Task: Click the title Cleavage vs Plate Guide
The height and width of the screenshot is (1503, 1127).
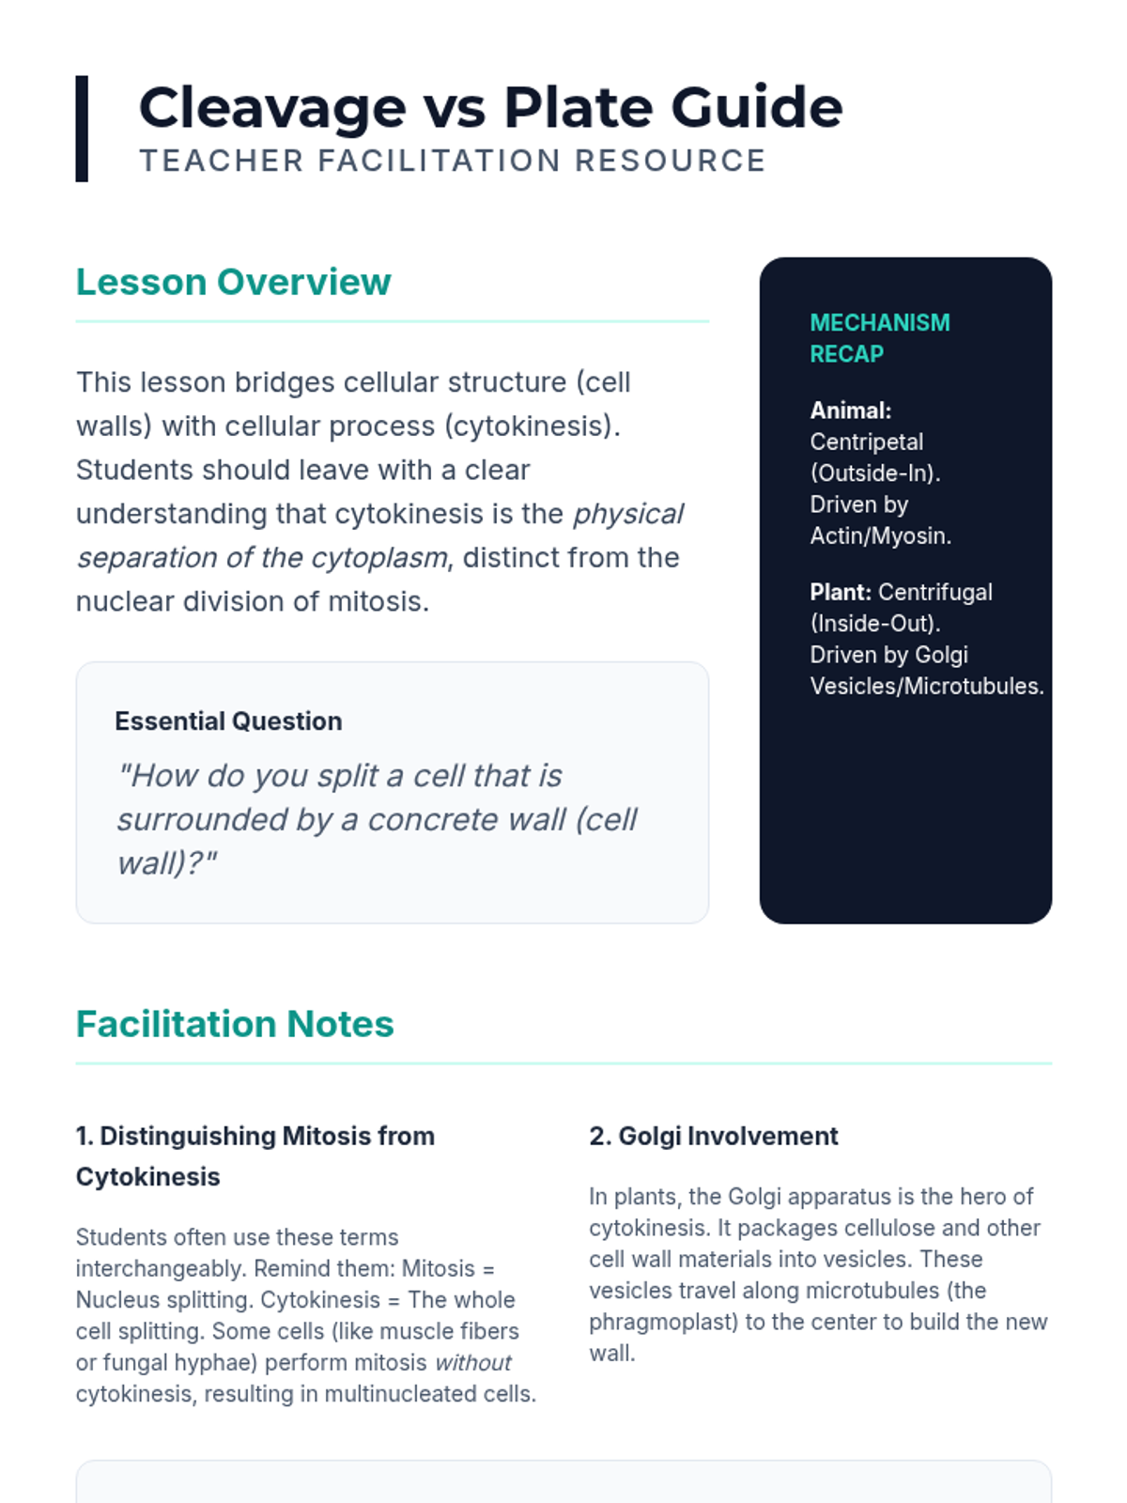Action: pyautogui.click(x=490, y=107)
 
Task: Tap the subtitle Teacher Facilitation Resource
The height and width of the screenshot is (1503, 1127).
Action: pyautogui.click(x=453, y=161)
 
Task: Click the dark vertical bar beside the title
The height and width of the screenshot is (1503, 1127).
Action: pyautogui.click(x=82, y=129)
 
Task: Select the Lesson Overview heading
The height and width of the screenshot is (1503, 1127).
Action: pyautogui.click(x=233, y=282)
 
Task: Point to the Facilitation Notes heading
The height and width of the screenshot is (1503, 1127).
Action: pyautogui.click(x=235, y=1024)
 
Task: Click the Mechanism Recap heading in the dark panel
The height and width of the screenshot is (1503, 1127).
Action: pyautogui.click(x=879, y=338)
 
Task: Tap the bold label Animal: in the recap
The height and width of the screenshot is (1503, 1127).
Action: pyautogui.click(x=850, y=411)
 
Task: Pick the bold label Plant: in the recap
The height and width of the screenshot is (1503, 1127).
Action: pyautogui.click(x=841, y=593)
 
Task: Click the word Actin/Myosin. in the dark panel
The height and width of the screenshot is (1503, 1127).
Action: pyautogui.click(x=880, y=536)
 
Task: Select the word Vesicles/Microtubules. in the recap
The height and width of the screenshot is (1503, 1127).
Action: pyautogui.click(x=926, y=687)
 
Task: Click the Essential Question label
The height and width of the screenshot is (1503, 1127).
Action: pyautogui.click(x=228, y=721)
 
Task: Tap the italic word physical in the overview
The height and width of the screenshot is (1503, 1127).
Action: pyautogui.click(x=628, y=515)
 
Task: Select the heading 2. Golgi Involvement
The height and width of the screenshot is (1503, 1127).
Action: pyautogui.click(x=713, y=1137)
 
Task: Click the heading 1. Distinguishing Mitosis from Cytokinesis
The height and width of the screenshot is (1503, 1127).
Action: pyautogui.click(x=255, y=1156)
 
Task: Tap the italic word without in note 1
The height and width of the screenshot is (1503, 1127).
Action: pyautogui.click(x=472, y=1363)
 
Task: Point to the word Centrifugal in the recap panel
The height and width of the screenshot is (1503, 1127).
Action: pyautogui.click(x=934, y=593)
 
